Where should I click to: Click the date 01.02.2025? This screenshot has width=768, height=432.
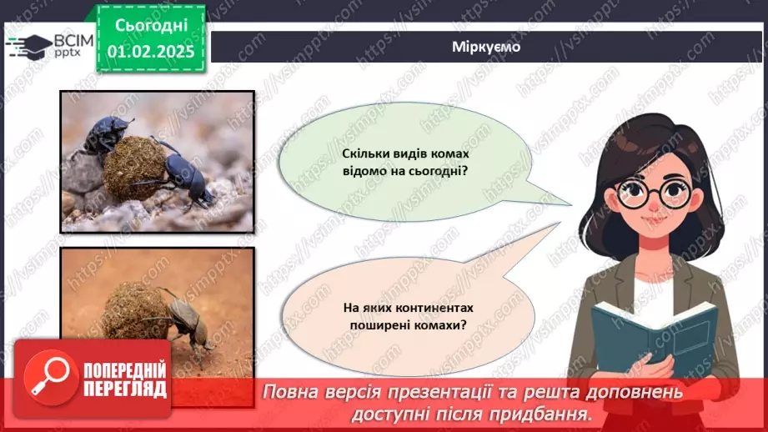[150, 51]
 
